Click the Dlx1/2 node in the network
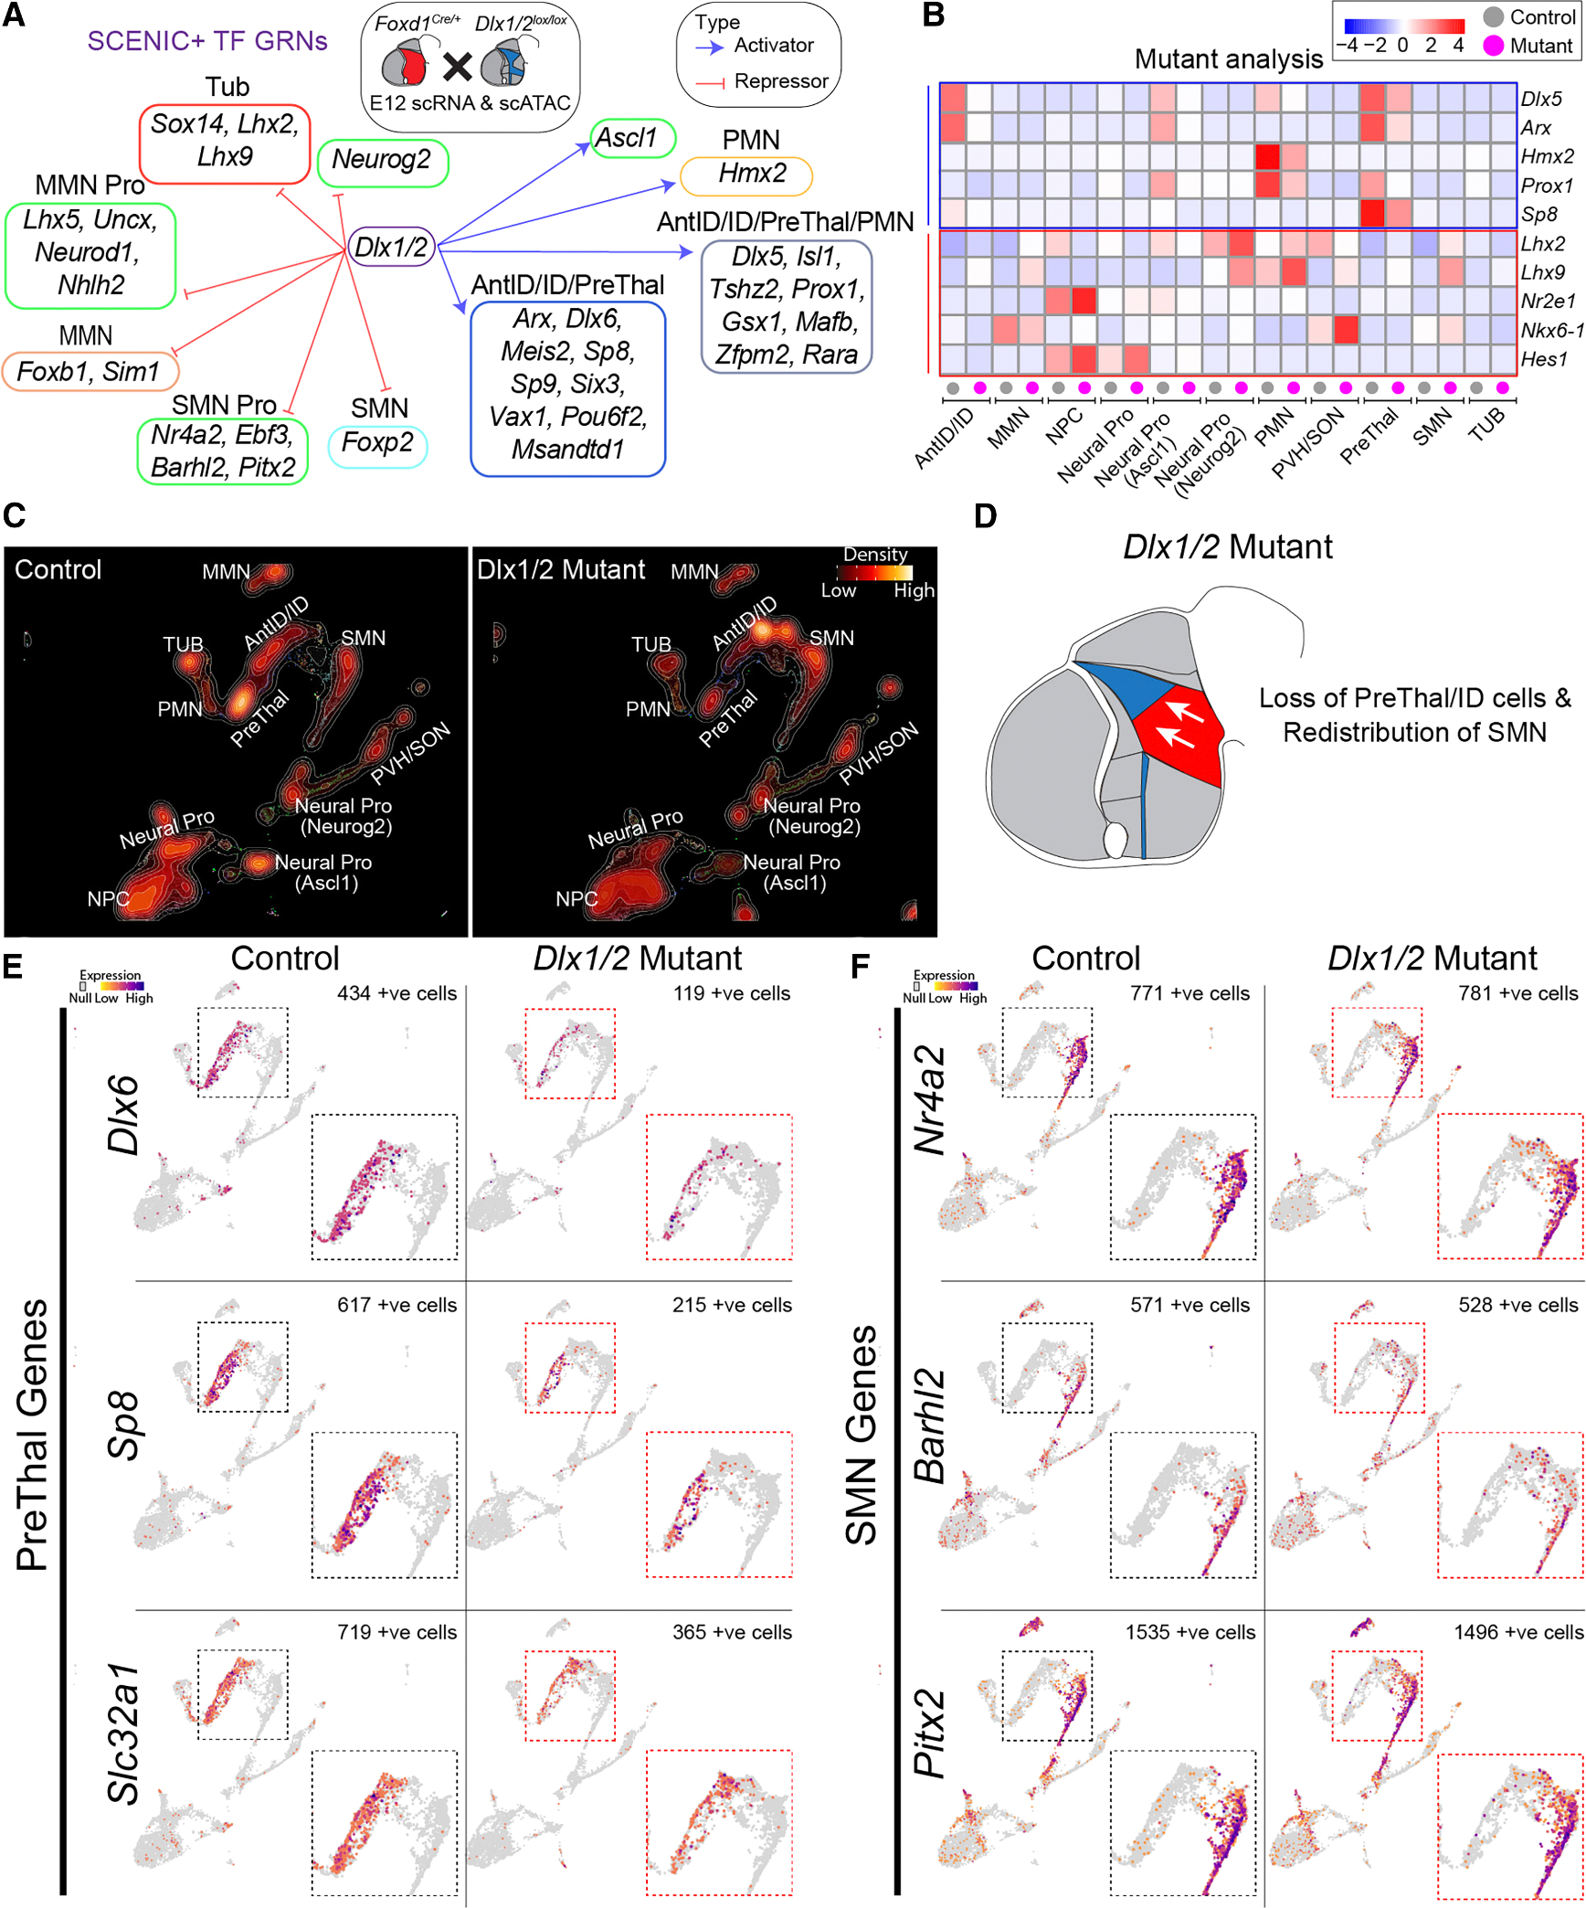pyautogui.click(x=391, y=247)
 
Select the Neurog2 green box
pyautogui.click(x=382, y=161)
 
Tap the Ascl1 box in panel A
pyautogui.click(x=632, y=138)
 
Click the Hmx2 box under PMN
pyautogui.click(x=745, y=175)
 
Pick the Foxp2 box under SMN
pyautogui.click(x=377, y=445)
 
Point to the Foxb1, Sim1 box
pyautogui.click(x=90, y=372)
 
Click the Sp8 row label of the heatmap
pyautogui.click(x=1538, y=215)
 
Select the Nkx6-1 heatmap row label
pyautogui.click(x=1551, y=330)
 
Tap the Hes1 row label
pyautogui.click(x=1543, y=359)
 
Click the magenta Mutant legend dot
pyautogui.click(x=1493, y=46)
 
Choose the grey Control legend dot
pyautogui.click(x=1493, y=17)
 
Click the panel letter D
pyautogui.click(x=985, y=516)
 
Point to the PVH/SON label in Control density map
pyautogui.click(x=410, y=753)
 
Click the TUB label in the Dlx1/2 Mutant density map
pyautogui.click(x=651, y=645)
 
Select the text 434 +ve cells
pyautogui.click(x=396, y=993)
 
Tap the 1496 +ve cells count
pyautogui.click(x=1517, y=1632)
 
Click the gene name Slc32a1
pyautogui.click(x=124, y=1733)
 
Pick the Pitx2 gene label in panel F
pyautogui.click(x=930, y=1733)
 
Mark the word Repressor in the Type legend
pyautogui.click(x=780, y=81)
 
